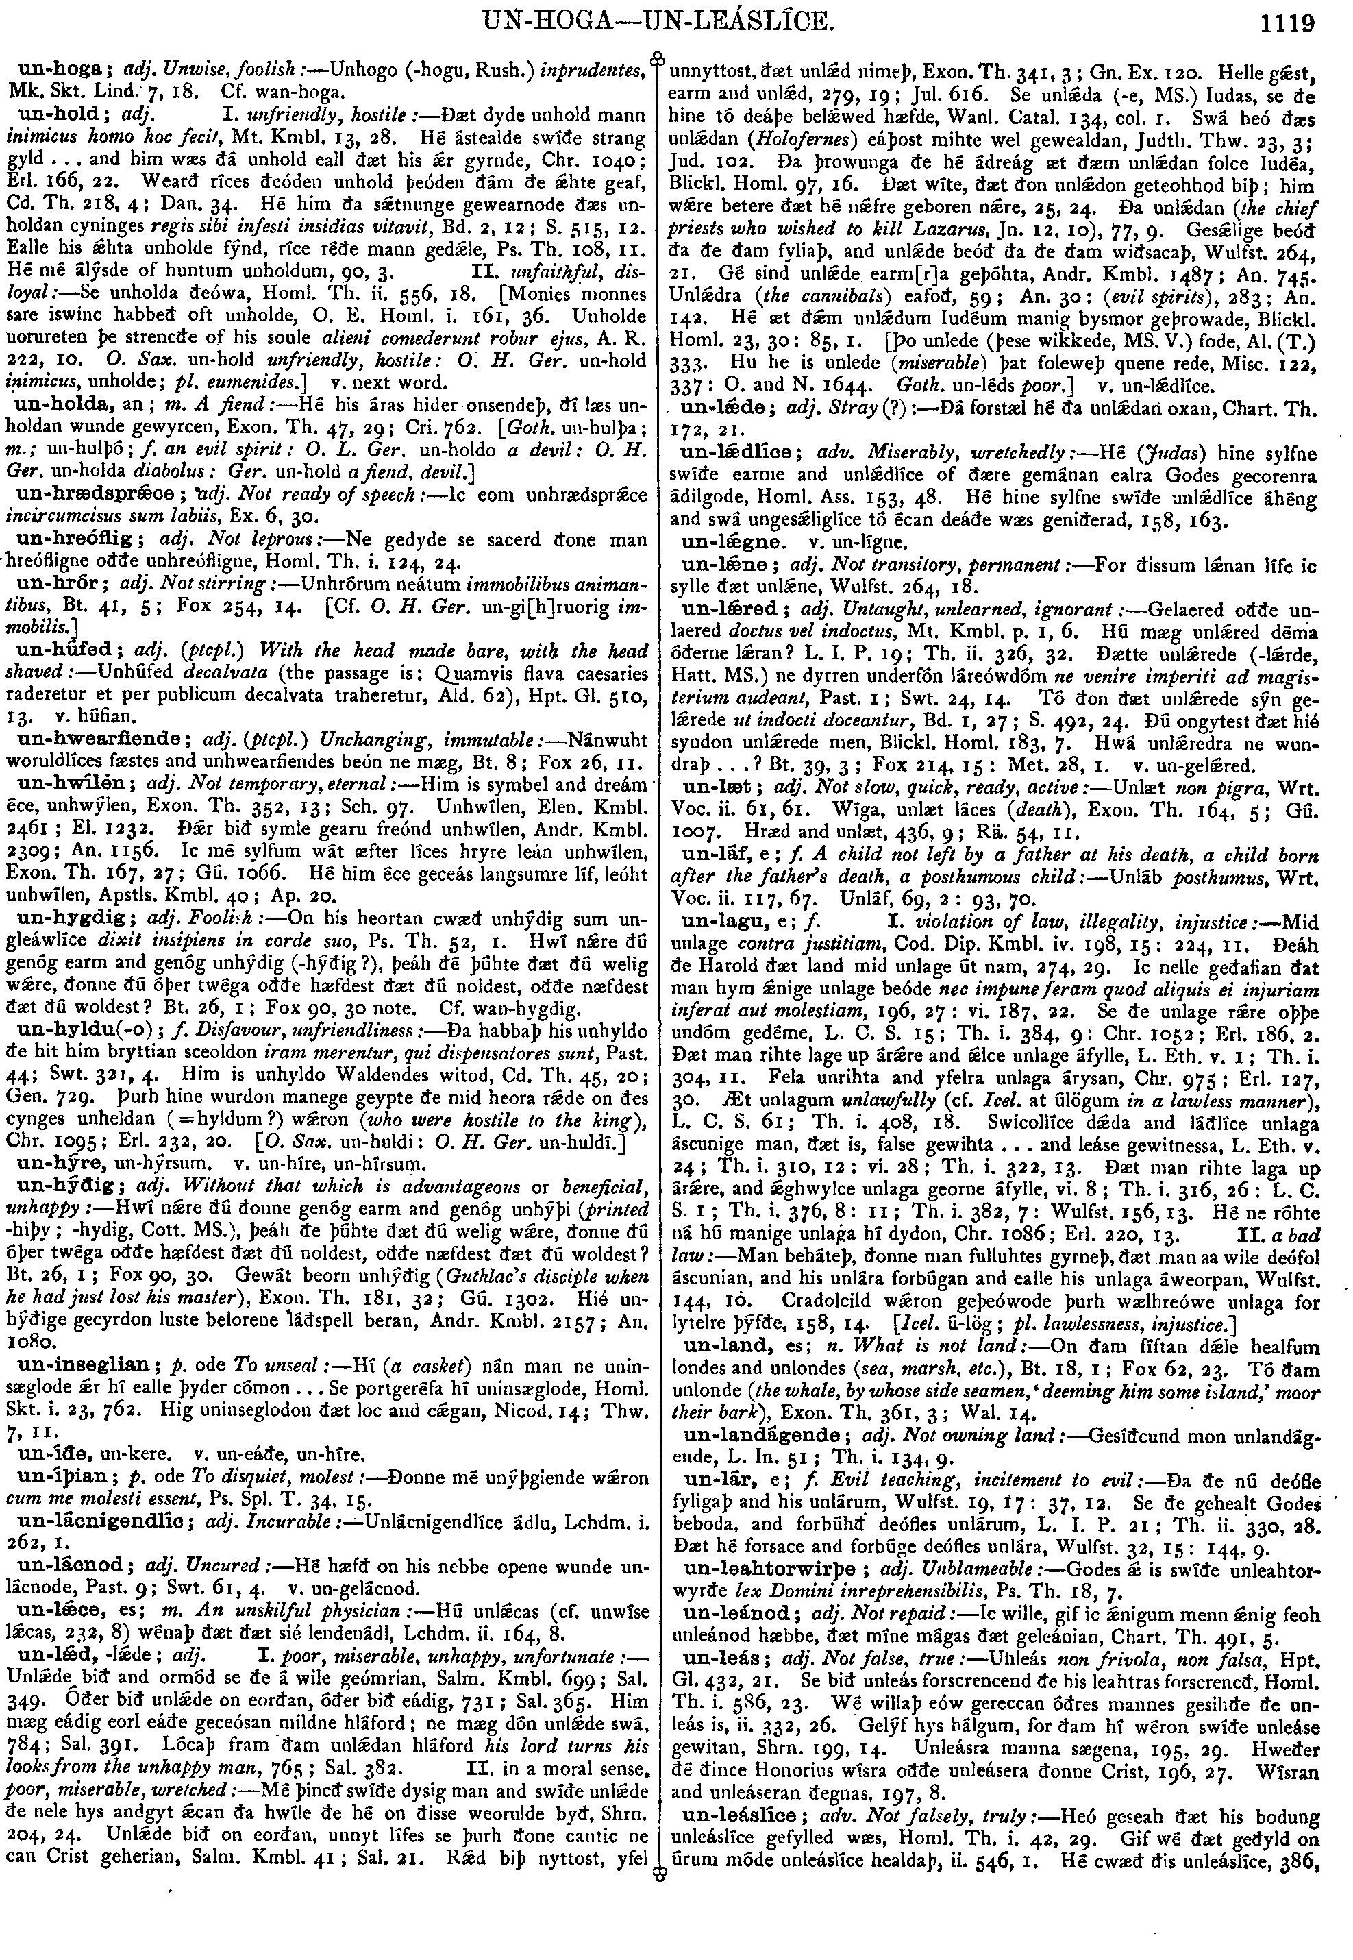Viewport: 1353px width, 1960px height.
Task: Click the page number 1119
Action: pos(1285,22)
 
